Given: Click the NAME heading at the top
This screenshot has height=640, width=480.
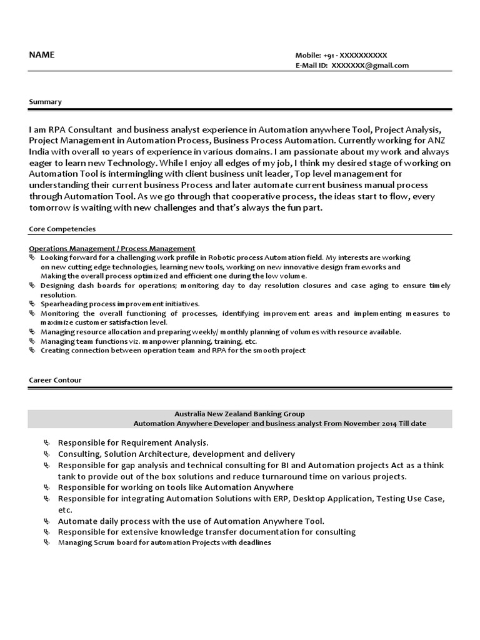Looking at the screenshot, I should (42, 55).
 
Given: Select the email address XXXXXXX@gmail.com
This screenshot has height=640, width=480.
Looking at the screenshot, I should (370, 66).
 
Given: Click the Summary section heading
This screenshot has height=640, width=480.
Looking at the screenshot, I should (46, 101).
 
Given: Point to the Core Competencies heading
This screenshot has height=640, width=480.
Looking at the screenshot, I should (62, 229).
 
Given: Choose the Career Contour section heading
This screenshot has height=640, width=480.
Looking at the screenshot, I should (55, 380).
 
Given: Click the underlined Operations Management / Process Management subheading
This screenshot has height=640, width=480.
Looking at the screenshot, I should (112, 248).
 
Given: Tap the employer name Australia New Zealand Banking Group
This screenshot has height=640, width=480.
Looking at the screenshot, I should (239, 414).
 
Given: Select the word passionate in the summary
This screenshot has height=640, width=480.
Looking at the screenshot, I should (338, 152).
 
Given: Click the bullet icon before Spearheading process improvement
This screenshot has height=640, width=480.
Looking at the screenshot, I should (32, 304).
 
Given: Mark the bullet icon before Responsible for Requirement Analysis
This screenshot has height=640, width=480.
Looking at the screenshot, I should (47, 442).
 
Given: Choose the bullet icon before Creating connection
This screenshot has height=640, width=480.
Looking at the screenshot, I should (32, 351).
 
